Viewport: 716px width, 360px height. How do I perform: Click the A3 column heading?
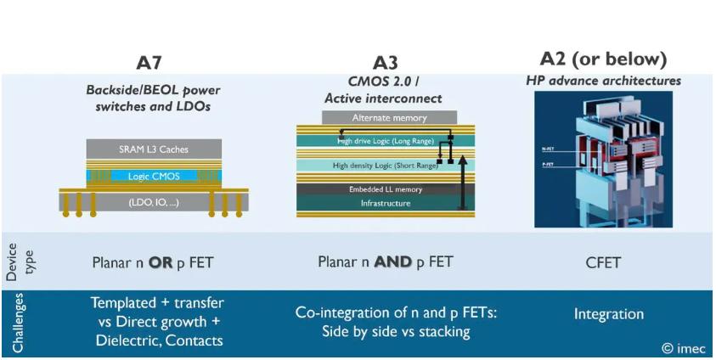(x=385, y=64)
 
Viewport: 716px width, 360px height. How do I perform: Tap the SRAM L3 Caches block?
(x=154, y=149)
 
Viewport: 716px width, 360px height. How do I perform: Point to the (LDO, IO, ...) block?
(x=153, y=202)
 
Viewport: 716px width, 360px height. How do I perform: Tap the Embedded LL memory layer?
(x=385, y=188)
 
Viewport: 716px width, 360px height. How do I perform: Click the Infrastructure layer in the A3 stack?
(x=385, y=203)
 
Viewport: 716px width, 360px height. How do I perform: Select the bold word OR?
(x=161, y=262)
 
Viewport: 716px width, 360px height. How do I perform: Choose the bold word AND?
(x=393, y=262)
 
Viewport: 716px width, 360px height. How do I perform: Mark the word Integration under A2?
(x=608, y=314)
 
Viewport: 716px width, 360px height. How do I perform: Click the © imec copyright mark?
(x=683, y=348)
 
